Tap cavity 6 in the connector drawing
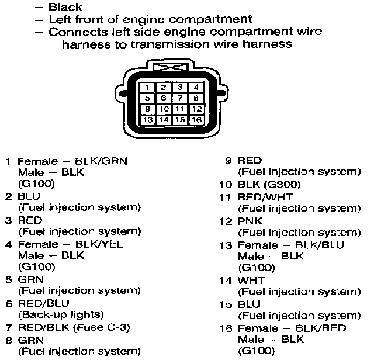click(x=165, y=98)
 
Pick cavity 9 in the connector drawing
click(x=148, y=109)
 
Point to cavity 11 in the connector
click(x=181, y=109)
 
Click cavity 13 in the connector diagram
click(x=148, y=119)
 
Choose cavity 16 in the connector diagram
click(x=196, y=119)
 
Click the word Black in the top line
click(x=65, y=8)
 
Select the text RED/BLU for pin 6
click(x=44, y=303)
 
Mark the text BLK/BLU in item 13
click(x=319, y=245)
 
